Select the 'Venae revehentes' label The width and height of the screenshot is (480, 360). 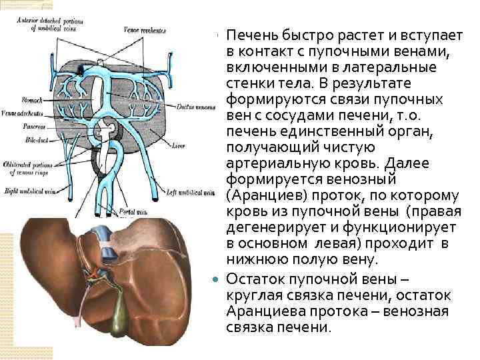tap(145, 31)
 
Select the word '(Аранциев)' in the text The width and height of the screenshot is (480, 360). tap(261, 196)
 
